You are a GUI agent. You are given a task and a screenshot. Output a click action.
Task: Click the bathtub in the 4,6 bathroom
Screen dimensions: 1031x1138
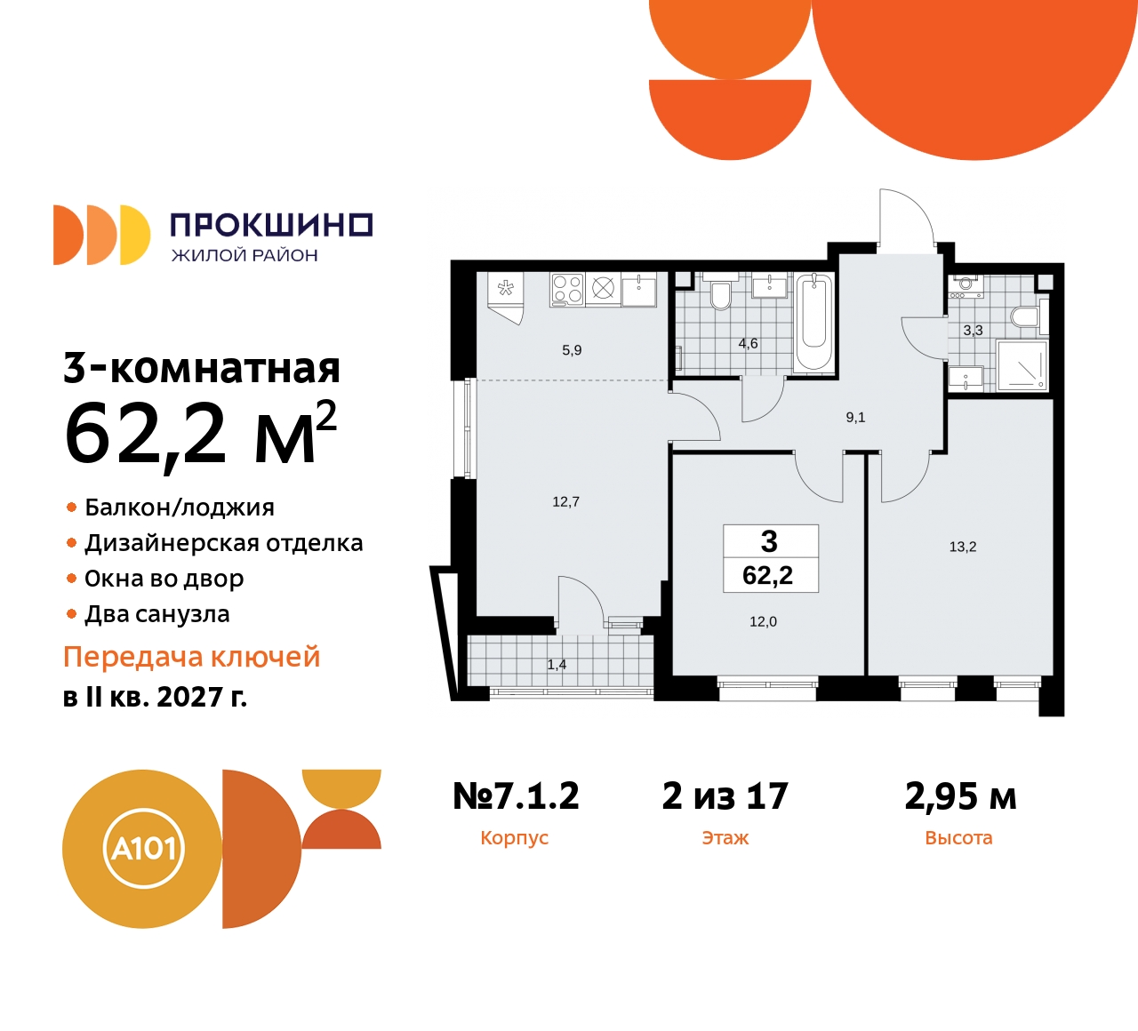coord(813,322)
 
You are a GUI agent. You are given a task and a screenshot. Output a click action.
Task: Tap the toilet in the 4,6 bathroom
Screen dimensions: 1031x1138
coord(721,296)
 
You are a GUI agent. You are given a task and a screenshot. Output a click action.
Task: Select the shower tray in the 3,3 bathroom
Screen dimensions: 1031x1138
coord(1022,365)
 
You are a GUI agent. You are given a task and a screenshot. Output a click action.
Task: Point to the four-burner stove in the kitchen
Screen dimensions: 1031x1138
coord(566,289)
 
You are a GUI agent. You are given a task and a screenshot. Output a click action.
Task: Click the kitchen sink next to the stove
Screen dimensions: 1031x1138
coord(638,289)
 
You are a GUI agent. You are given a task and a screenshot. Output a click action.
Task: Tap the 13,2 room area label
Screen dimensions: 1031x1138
coord(962,547)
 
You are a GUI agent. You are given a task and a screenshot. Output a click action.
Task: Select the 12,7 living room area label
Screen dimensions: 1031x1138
coord(565,502)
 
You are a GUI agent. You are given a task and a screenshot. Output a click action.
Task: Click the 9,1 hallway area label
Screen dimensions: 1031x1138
coord(855,417)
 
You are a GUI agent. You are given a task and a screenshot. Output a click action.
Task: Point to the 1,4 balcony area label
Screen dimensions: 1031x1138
coord(557,664)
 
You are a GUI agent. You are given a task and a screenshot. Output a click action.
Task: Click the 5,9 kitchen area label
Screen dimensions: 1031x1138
coord(572,350)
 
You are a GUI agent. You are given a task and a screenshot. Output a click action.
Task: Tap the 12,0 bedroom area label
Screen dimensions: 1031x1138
coord(763,621)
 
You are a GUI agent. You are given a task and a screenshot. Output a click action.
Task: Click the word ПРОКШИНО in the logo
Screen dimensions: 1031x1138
coord(270,225)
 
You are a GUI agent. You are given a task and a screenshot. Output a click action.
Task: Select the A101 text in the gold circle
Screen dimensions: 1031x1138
coord(142,848)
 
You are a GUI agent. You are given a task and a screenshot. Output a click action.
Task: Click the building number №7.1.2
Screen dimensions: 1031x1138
coord(516,795)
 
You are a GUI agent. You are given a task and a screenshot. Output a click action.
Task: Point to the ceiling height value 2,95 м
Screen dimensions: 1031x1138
coord(960,795)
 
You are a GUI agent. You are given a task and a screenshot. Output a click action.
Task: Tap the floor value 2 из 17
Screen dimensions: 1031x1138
coord(725,795)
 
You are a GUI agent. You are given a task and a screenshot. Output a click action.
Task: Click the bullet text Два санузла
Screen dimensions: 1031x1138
coord(156,614)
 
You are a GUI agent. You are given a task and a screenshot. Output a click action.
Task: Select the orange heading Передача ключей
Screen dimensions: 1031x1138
coord(191,657)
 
